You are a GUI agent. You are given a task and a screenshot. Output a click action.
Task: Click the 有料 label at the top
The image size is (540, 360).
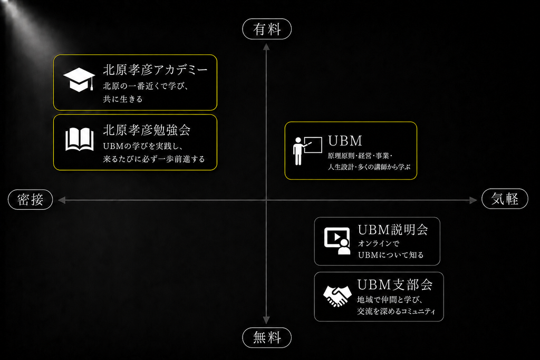pos(267,29)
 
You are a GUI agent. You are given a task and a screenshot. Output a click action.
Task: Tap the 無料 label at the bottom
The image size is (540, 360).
pos(267,338)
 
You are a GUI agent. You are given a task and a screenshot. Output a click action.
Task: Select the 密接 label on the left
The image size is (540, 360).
pos(30,199)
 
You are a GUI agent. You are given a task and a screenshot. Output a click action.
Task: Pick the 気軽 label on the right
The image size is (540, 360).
pos(505,199)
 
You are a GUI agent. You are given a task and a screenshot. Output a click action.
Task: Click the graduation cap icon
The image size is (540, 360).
pos(79,80)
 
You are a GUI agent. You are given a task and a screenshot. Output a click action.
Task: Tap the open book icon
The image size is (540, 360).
pos(80,139)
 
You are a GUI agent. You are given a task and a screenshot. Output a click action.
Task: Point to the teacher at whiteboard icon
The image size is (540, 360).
pos(307,150)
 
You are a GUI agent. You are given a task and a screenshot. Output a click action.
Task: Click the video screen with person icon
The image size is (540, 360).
pos(337,240)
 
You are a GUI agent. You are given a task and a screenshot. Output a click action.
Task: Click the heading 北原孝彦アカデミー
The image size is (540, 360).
pos(156,70)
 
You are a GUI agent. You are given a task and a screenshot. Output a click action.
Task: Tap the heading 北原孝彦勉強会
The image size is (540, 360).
pos(147,130)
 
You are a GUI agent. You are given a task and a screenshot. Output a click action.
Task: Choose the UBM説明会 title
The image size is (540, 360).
pos(393,230)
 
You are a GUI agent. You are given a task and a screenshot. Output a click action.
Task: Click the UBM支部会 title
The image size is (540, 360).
pos(395,285)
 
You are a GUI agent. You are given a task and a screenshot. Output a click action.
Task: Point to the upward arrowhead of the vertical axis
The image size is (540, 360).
pos(266,46)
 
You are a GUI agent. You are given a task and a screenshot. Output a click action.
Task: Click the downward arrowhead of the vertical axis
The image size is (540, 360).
pos(266,320)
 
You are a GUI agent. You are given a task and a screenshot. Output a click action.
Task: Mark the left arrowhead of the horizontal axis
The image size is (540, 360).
pos(62,200)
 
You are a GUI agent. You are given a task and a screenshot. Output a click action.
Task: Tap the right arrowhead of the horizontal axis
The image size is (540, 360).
pos(473,200)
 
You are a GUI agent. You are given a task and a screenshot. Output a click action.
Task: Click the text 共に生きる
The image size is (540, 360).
pos(122,99)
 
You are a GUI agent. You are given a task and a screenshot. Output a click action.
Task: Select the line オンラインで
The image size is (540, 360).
pos(379,244)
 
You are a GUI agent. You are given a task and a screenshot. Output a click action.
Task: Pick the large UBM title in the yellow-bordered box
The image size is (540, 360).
pos(345,141)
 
